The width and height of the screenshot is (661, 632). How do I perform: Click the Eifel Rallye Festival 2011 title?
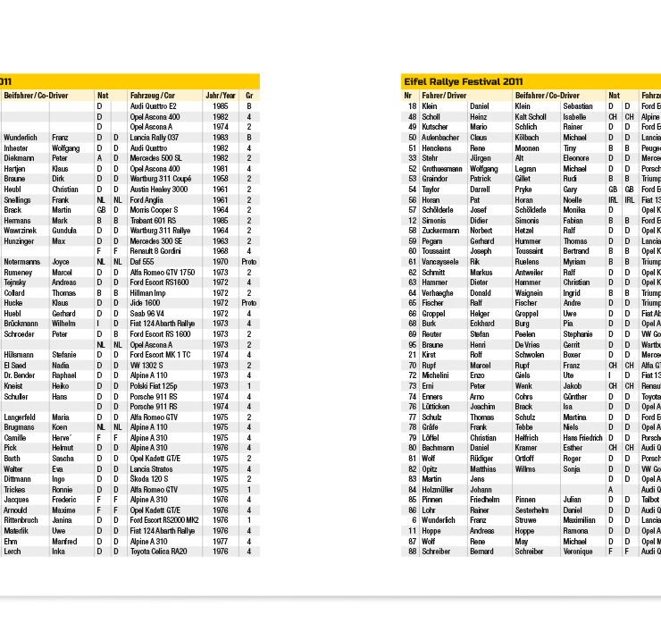click(463, 81)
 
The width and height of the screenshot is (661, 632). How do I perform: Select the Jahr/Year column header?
click(221, 95)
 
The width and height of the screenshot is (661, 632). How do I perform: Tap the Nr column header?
click(408, 95)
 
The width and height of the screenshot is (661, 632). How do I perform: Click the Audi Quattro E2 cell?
click(154, 106)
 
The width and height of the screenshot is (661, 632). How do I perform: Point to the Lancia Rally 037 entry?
click(155, 138)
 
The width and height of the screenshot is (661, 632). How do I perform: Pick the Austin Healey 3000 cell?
click(159, 190)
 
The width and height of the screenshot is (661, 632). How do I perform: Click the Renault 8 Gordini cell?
click(155, 251)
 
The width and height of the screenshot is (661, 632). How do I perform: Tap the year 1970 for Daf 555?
click(220, 262)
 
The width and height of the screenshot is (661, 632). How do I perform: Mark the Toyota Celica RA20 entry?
click(159, 552)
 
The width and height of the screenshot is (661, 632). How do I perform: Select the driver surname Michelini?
click(436, 375)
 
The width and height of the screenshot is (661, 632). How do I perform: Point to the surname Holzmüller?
click(439, 489)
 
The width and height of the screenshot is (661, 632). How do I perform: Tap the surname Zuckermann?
click(440, 231)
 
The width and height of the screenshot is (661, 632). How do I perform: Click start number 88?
click(413, 552)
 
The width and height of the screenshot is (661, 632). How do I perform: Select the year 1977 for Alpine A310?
click(220, 541)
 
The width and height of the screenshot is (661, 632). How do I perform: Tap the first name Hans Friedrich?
click(583, 438)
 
